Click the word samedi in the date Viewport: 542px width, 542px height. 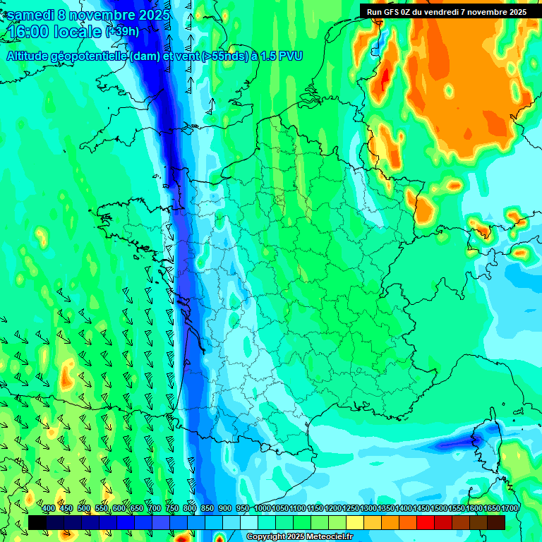pos(32,15)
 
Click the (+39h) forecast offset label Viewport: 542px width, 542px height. pos(122,32)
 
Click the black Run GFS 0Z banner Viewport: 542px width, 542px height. pos(446,11)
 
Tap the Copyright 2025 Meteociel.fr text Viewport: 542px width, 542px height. pos(299,537)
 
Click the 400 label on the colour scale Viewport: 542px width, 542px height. pos(49,509)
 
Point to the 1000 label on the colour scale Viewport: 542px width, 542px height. pos(263,509)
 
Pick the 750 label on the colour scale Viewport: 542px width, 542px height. pos(172,509)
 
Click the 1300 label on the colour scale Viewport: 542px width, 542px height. pos(368,509)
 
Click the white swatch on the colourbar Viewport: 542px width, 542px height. pos(249,522)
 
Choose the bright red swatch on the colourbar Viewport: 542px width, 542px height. pos(426,522)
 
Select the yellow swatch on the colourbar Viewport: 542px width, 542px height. pos(355,522)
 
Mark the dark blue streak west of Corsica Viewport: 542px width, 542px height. pos(459,444)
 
